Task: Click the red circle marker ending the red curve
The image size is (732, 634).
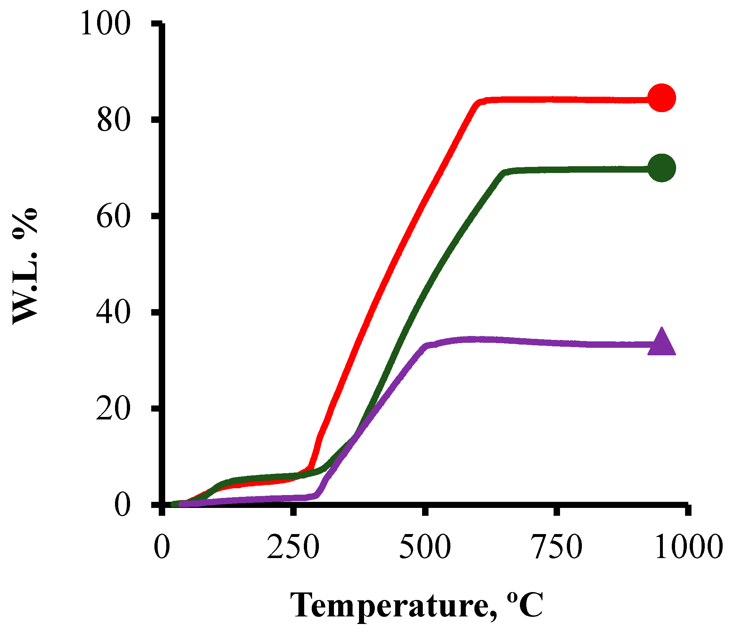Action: (x=661, y=98)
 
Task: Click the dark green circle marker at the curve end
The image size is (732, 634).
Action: (x=661, y=168)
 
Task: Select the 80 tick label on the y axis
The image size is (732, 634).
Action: (x=113, y=120)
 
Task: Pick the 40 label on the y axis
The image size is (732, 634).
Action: (x=113, y=312)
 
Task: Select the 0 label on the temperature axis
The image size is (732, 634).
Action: (x=162, y=547)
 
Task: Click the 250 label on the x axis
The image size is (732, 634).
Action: (x=293, y=547)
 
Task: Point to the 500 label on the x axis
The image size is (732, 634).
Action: (x=425, y=547)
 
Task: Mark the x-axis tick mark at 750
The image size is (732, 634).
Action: (x=556, y=510)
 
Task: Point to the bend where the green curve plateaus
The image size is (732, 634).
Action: (x=504, y=173)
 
